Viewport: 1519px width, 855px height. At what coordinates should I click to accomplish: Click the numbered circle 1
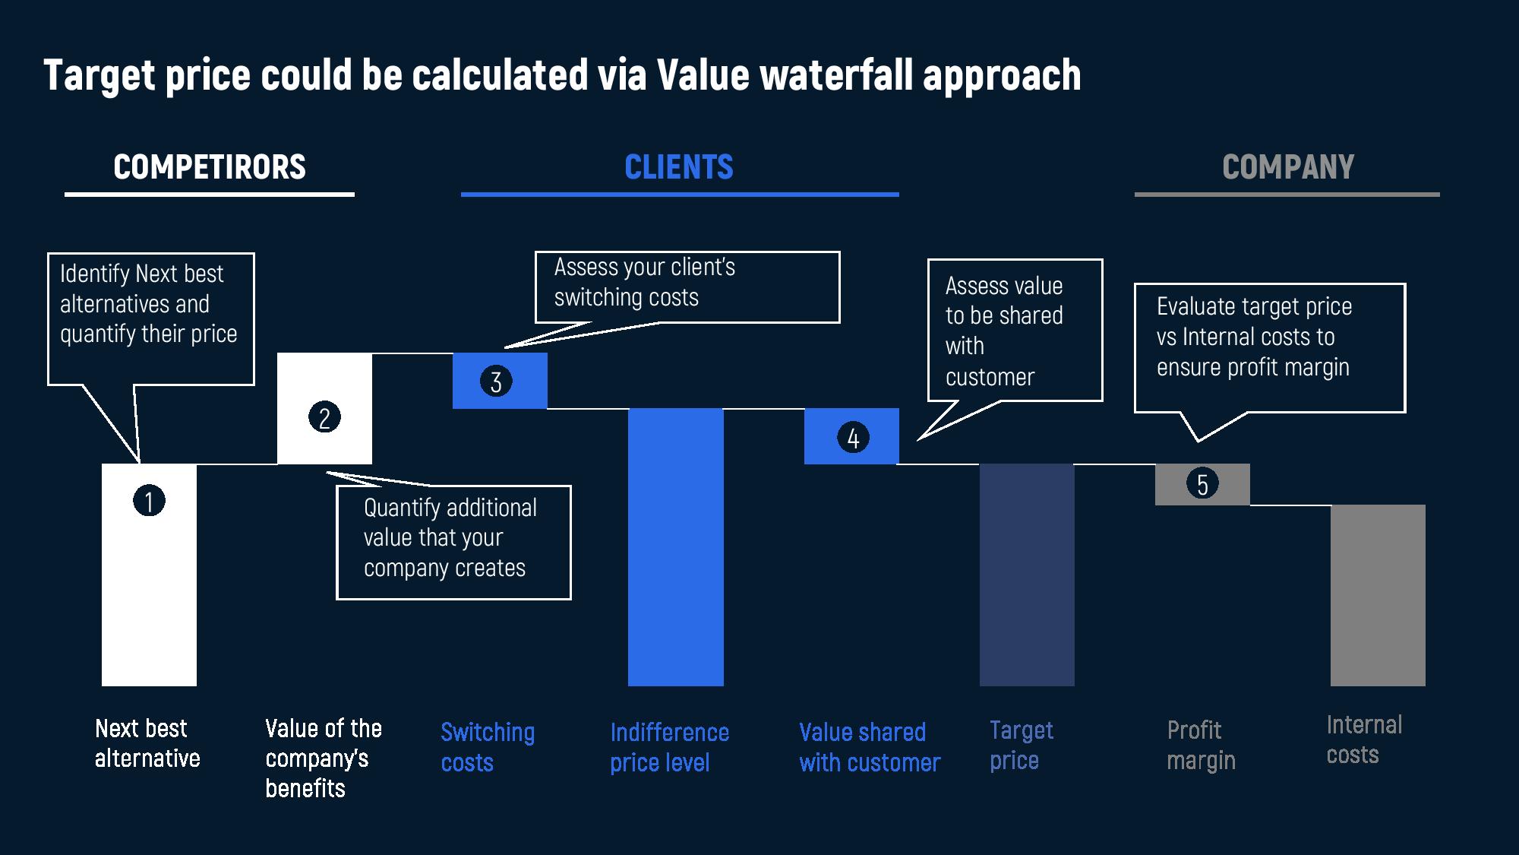pos(149,501)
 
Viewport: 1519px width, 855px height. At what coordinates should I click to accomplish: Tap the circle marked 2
pos(324,417)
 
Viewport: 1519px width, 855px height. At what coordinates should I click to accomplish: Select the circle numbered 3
pos(496,381)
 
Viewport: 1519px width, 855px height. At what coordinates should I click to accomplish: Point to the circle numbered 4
pos(853,438)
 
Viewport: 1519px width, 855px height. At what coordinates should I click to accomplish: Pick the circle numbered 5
pos(1202,484)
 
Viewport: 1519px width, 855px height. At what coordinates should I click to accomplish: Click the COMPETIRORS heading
pos(210,167)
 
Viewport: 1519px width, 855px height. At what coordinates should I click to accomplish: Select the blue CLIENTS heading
pos(679,167)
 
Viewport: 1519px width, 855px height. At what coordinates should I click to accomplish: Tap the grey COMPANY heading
pos(1288,167)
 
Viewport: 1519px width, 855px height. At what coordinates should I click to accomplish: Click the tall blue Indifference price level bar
pos(675,547)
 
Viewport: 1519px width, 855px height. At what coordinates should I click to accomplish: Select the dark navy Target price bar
pos(1027,575)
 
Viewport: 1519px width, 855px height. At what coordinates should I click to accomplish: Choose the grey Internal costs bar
pos(1378,595)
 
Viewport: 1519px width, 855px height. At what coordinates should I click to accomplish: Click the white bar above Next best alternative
pos(149,593)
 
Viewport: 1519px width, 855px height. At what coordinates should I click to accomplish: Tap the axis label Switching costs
pos(488,747)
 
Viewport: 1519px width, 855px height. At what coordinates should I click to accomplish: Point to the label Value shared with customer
pos(870,747)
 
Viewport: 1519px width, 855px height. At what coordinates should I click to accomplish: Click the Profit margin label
pos(1201,745)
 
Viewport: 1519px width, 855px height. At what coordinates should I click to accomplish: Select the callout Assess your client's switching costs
pos(687,287)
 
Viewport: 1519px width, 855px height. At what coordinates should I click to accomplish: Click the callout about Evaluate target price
pos(1269,347)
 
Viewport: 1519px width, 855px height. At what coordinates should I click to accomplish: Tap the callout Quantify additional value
pos(453,542)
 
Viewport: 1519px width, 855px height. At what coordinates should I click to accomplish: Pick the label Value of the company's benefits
pos(323,758)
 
